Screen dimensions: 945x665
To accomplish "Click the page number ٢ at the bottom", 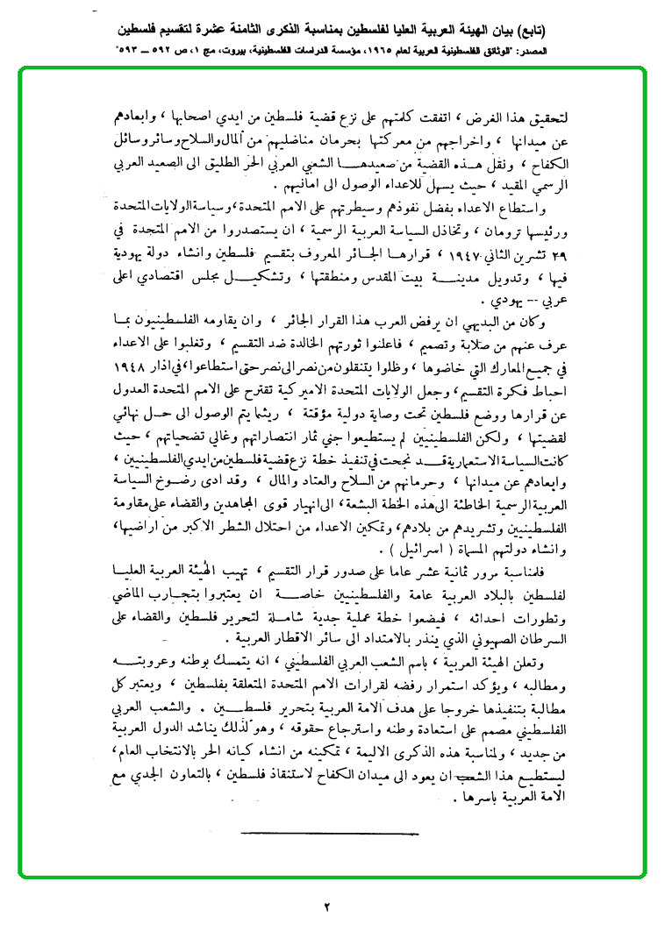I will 325,906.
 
